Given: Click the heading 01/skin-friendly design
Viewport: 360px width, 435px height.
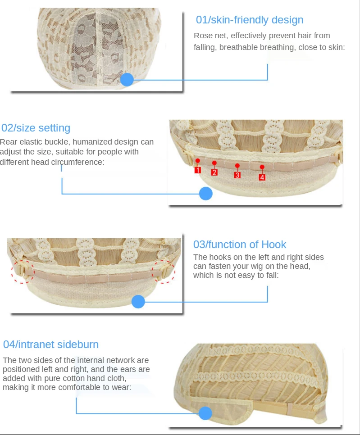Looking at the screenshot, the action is click(x=249, y=20).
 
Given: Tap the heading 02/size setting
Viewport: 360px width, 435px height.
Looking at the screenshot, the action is click(x=36, y=128).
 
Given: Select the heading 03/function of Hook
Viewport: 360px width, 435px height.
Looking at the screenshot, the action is click(x=240, y=245).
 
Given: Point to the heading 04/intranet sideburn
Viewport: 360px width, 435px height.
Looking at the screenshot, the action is click(x=51, y=344).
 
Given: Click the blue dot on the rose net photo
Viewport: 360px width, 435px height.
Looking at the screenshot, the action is click(x=127, y=80).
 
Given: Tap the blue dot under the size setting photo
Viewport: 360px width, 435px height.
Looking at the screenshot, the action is click(x=206, y=194).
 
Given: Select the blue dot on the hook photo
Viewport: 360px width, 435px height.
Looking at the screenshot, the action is click(x=138, y=301).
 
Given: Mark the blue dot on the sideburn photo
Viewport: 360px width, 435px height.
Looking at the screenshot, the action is click(x=205, y=413).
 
